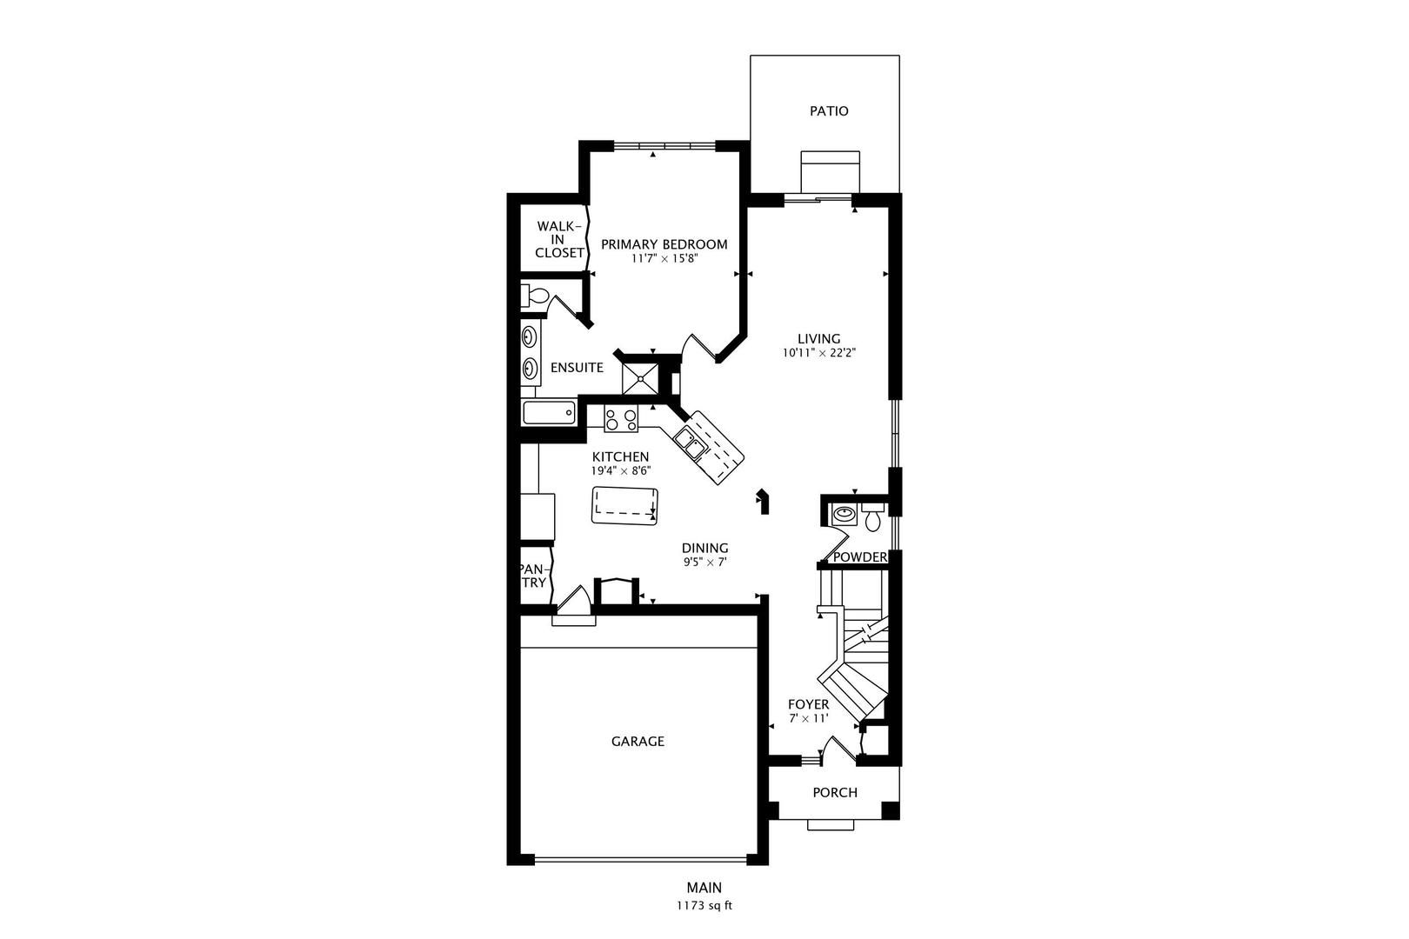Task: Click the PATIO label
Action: point(829,111)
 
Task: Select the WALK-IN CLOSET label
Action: point(559,239)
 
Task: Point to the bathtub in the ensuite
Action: point(549,412)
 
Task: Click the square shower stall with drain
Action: point(640,378)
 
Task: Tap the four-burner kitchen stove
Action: point(620,420)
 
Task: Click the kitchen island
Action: point(624,505)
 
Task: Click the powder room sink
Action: point(843,514)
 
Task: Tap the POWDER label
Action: point(859,557)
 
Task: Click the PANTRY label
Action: point(534,576)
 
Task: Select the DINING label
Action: point(704,548)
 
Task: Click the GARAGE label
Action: point(638,742)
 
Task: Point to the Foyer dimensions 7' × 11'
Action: point(808,718)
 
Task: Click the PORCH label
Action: point(834,793)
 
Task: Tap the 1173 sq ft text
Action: point(704,905)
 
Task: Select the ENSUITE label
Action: point(577,368)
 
